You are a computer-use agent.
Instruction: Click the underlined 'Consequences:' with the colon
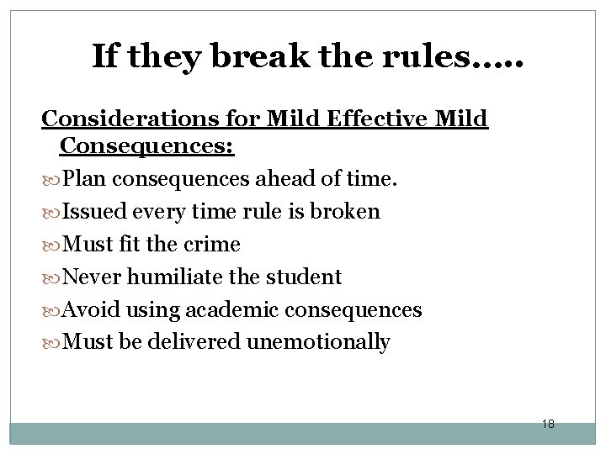click(x=147, y=147)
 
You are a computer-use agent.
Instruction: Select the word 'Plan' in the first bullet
click(x=84, y=179)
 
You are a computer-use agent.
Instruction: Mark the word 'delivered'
click(x=200, y=342)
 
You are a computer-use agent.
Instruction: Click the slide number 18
click(x=547, y=424)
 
